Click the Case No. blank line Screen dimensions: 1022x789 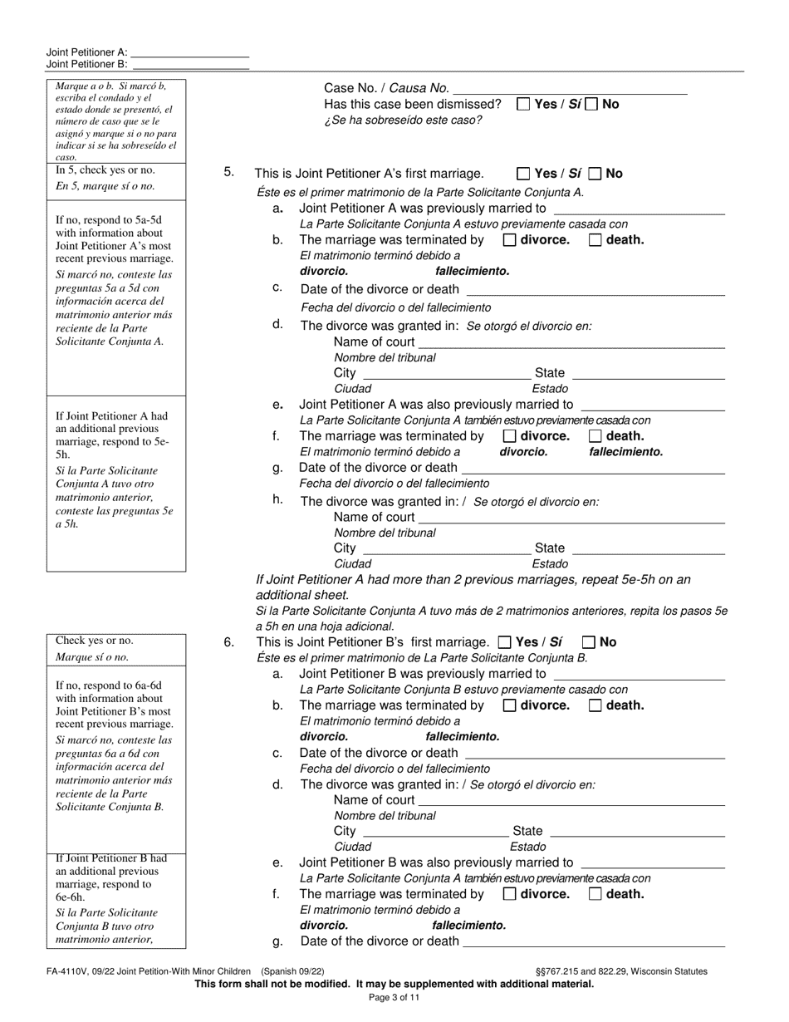pyautogui.click(x=571, y=89)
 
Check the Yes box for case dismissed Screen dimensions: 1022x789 pyautogui.click(x=523, y=105)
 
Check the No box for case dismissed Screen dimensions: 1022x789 pyautogui.click(x=591, y=105)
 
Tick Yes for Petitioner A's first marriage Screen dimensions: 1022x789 pyautogui.click(x=523, y=174)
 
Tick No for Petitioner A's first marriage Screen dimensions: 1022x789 pyautogui.click(x=595, y=174)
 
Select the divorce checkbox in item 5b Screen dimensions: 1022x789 pyautogui.click(x=510, y=240)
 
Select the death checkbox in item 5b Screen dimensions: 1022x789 pyautogui.click(x=595, y=240)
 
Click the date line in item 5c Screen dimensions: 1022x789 pyautogui.click(x=595, y=291)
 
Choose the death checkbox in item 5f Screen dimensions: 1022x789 pyautogui.click(x=595, y=436)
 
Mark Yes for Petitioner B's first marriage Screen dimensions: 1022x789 pyautogui.click(x=504, y=642)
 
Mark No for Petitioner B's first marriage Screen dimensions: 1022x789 pyautogui.click(x=589, y=642)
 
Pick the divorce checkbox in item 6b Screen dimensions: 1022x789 pyautogui.click(x=510, y=705)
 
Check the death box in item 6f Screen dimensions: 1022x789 pyautogui.click(x=595, y=895)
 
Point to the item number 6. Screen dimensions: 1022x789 pyautogui.click(x=229, y=642)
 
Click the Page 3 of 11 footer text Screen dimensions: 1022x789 pyautogui.click(x=394, y=998)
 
